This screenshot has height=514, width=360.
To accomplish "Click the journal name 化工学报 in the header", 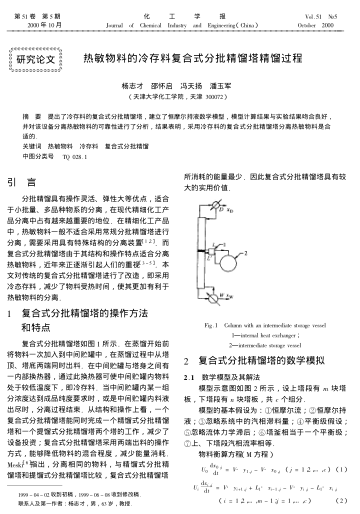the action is (179, 9).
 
